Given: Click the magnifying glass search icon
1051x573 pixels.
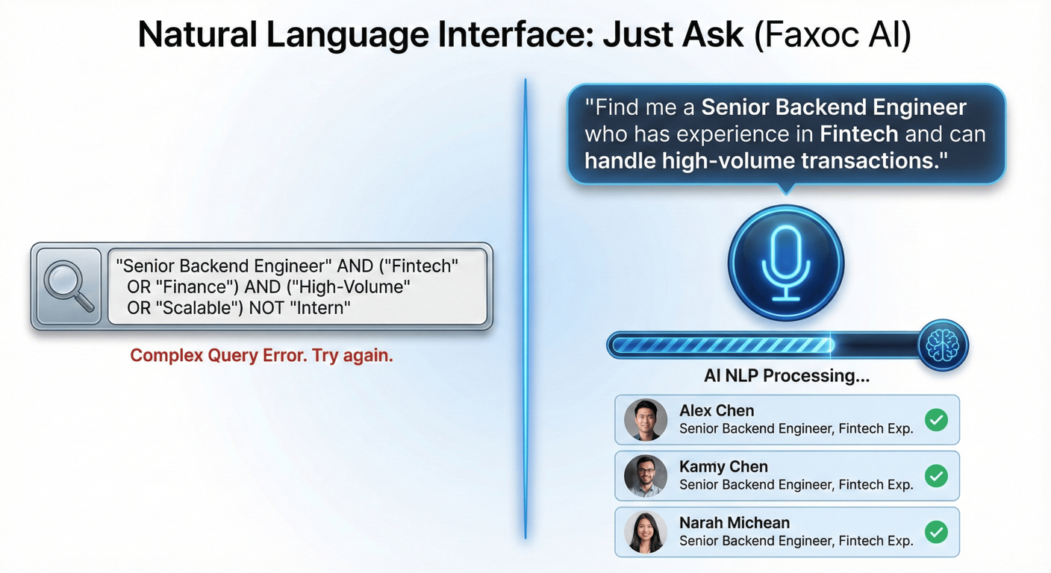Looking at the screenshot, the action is (x=69, y=286).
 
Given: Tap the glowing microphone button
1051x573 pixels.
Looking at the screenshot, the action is (x=786, y=263).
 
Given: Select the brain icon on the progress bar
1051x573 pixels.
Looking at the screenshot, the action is (x=943, y=345).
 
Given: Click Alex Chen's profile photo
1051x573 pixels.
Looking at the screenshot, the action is (x=646, y=419).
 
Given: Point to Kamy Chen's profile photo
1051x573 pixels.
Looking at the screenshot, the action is (x=646, y=476).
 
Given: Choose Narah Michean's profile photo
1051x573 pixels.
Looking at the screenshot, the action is (x=646, y=532).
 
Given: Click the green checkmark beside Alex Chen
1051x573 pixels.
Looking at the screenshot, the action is (x=936, y=419).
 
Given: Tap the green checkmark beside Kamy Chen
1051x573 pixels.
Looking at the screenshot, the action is (x=936, y=476).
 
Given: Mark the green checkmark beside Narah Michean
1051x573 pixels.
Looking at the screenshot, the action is (x=936, y=532).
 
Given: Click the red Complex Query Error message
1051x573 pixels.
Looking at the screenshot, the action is (x=261, y=355).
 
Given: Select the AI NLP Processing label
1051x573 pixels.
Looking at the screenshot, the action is (x=787, y=375).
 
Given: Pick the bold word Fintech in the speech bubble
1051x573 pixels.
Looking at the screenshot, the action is (x=858, y=134).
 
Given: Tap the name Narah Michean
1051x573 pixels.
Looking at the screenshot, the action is (x=735, y=523).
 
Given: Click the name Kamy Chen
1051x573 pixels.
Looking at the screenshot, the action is (x=723, y=467).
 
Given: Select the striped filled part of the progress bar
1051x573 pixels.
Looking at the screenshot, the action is (x=723, y=345).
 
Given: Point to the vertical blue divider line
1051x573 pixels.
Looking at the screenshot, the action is (x=525, y=310).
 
